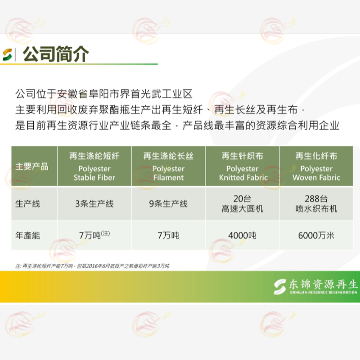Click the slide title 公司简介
[56, 54]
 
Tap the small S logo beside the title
[7, 54]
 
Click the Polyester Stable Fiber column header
[94, 166]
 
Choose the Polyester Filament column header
[168, 166]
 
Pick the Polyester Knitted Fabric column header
[243, 166]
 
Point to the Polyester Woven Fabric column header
[316, 166]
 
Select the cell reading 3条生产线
[94, 204]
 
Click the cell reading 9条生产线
[168, 204]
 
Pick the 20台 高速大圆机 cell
[243, 204]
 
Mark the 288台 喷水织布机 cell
[316, 204]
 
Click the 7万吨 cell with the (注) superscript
[94, 234]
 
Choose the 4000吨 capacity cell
[242, 235]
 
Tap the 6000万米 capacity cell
[316, 235]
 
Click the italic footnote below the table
[92, 266]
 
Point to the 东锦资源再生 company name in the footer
[323, 284]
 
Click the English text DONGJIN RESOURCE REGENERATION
[324, 292]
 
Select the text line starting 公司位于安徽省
[104, 94]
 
